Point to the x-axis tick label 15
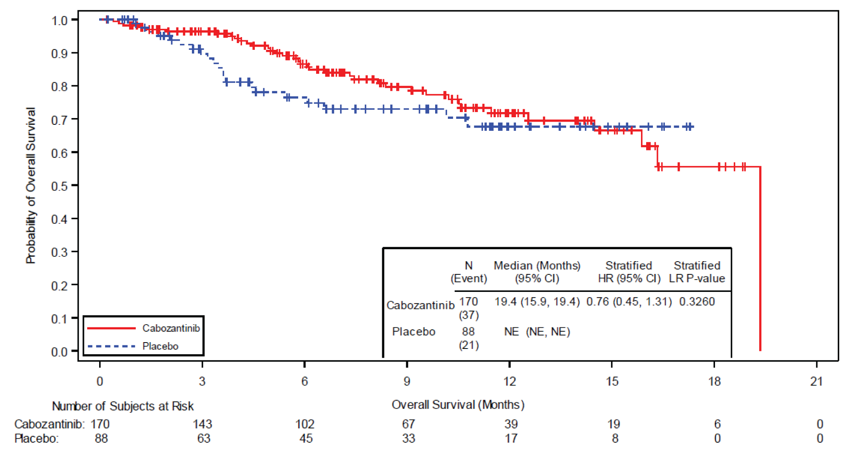612,382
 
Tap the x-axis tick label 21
817,382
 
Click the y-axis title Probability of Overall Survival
31,185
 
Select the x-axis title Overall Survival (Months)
458,405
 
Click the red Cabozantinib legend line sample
111,328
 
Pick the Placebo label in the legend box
160,346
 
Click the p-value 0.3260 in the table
697,301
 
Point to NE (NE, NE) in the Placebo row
537,332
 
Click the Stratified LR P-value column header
697,272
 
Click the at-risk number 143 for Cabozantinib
202,424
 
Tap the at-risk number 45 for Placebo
306,439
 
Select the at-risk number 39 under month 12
511,424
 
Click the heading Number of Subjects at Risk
123,406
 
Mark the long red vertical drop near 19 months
760,259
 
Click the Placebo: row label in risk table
36,439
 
